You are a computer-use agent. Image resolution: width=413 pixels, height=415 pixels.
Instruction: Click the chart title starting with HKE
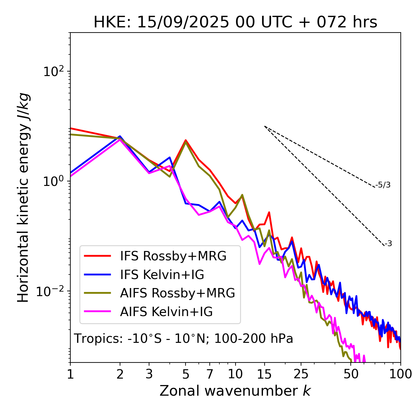tap(235, 23)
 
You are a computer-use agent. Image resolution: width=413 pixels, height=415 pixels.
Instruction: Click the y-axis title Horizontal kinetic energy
tap(24, 198)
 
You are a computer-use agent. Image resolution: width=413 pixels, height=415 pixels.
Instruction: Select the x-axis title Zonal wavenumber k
tap(235, 391)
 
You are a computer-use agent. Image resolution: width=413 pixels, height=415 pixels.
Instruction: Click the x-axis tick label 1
tap(70, 374)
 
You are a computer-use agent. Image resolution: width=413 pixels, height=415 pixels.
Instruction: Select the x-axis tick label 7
tap(210, 374)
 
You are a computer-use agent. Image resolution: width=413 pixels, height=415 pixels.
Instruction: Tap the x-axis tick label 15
tap(264, 374)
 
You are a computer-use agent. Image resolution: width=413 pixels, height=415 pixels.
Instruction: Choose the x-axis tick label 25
tap(301, 374)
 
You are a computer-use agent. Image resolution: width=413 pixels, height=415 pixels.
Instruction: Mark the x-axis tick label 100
tap(400, 374)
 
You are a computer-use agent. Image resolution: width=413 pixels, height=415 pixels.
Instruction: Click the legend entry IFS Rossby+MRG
tap(173, 256)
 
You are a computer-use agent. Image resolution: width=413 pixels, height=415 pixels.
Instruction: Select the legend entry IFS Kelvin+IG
tap(162, 275)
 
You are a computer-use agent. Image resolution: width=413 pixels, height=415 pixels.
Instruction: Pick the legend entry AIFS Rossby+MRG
tap(177, 293)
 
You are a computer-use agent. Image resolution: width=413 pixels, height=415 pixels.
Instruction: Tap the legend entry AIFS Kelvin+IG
tap(166, 312)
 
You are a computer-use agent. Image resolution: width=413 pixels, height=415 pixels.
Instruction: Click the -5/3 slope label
tap(383, 185)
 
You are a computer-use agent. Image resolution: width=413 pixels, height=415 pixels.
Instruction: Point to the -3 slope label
tap(388, 244)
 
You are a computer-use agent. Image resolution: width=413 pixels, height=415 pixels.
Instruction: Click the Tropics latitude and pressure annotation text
tap(183, 339)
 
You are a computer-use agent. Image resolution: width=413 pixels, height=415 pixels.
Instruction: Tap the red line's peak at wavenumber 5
tap(186, 140)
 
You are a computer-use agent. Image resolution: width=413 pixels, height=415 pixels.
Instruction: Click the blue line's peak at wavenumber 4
tap(170, 157)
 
